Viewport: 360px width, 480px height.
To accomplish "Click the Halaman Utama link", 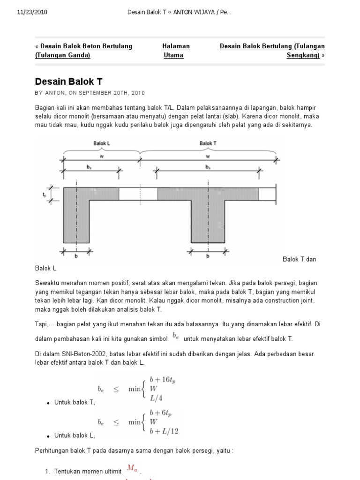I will click(176, 51).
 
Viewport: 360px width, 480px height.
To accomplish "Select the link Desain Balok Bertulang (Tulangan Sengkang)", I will click(272, 51).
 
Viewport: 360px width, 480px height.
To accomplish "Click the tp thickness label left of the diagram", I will click(44, 193).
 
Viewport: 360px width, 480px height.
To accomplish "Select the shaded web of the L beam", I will click(76, 220).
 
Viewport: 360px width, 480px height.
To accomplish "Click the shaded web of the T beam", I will click(207, 220).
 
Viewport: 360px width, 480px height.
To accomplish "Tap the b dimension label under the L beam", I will click(76, 257).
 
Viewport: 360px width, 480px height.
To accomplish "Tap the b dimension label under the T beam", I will click(207, 257).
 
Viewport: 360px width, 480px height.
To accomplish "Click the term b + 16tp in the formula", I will click(162, 379).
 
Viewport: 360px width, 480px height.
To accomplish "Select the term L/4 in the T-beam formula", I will click(156, 397).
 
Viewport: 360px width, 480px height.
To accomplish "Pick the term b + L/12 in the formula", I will click(164, 431).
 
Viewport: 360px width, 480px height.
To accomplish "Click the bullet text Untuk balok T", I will click(75, 402).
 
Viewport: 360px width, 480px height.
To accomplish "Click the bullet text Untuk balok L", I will click(75, 435).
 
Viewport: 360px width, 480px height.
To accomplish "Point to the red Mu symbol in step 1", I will click(133, 469).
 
